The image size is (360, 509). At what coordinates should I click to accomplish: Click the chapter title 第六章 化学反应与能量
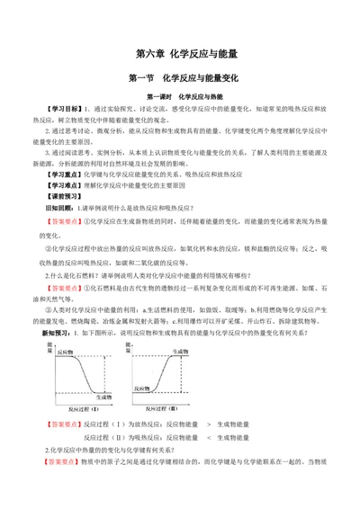(x=180, y=53)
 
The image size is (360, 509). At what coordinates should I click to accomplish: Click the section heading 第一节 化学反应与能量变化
(x=180, y=78)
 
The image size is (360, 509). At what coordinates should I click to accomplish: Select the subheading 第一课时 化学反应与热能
(x=180, y=95)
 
